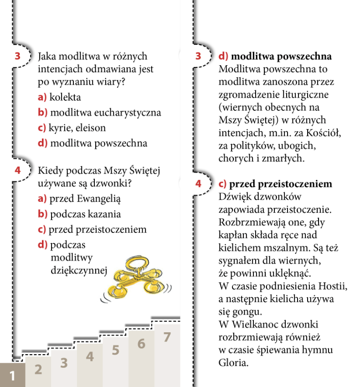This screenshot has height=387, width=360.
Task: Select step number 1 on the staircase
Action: tap(12, 376)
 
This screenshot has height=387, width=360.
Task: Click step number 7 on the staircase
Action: tap(167, 337)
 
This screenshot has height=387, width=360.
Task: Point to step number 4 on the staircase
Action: tap(90, 356)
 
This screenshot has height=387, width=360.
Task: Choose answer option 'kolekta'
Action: tap(65, 97)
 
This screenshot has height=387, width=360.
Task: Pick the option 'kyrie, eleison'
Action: tap(77, 128)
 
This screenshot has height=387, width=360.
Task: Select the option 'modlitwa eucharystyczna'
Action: tap(105, 113)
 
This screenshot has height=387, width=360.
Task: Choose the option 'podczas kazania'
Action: tap(85, 214)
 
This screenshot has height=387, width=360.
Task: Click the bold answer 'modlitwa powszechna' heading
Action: tap(281, 57)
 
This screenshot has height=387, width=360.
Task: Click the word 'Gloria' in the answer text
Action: tap(234, 363)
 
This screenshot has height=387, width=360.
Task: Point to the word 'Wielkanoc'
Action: tap(253, 325)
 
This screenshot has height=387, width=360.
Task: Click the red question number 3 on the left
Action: tap(18, 57)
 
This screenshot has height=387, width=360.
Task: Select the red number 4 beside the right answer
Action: tap(198, 184)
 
